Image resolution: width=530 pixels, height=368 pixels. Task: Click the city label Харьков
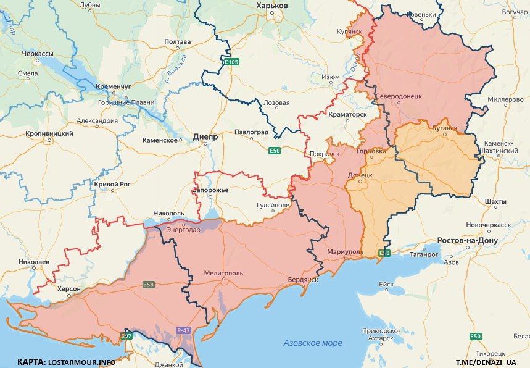(x=271, y=5)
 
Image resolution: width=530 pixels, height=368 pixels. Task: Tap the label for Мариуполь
(x=345, y=252)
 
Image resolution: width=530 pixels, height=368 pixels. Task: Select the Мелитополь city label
(x=223, y=272)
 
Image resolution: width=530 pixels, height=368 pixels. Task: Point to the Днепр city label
(x=205, y=137)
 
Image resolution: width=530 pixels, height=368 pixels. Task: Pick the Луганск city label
(x=444, y=128)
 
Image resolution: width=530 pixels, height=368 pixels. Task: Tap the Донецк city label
(x=360, y=175)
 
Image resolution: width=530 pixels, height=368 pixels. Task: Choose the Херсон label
(x=68, y=289)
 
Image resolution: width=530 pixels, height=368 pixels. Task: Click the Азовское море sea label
(x=313, y=343)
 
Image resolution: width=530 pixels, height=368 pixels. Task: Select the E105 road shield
(x=231, y=62)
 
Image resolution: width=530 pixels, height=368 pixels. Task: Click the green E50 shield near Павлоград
(x=275, y=151)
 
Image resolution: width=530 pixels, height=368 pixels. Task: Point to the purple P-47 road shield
(x=183, y=330)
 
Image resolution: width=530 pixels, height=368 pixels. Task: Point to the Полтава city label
(x=178, y=42)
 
